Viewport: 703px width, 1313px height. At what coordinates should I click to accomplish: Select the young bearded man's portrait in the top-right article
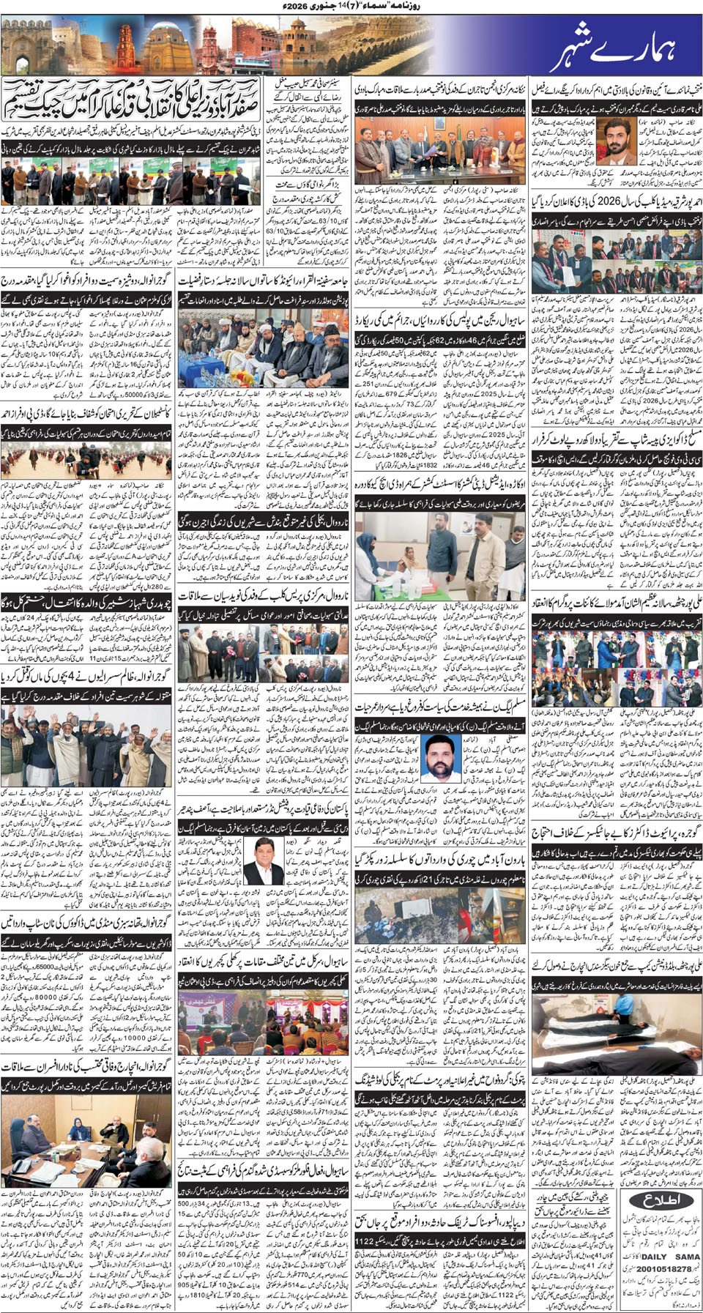[x=617, y=140]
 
